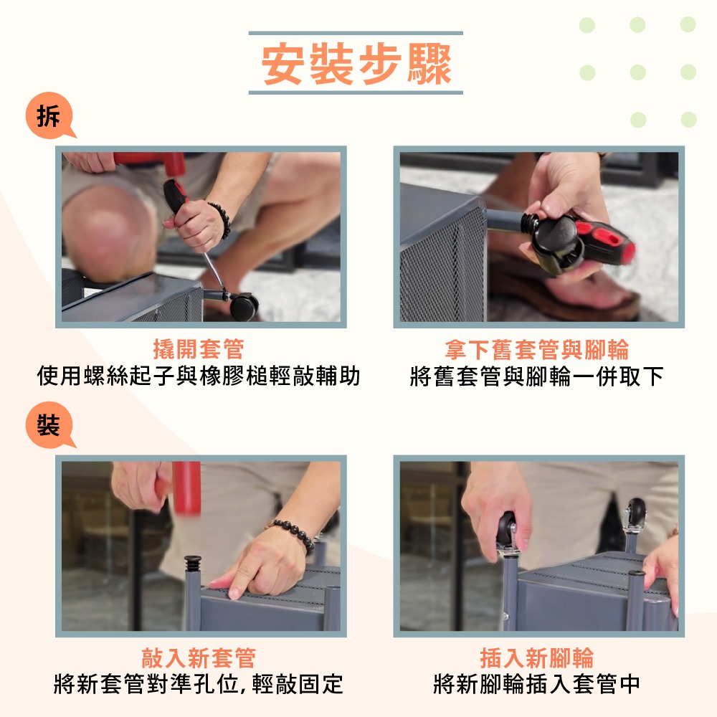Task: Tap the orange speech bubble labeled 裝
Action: [x=49, y=424]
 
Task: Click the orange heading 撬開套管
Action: [x=199, y=349]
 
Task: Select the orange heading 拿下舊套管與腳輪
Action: [x=537, y=349]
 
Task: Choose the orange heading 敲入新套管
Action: [x=199, y=657]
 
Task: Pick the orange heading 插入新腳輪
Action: [x=537, y=657]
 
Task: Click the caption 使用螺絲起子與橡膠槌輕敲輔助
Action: [x=199, y=376]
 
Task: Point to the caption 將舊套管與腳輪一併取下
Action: [x=537, y=376]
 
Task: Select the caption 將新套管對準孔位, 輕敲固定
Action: [x=199, y=684]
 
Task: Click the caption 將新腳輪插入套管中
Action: [x=537, y=684]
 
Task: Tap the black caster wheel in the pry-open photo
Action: [x=244, y=306]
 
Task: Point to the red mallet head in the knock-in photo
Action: [x=187, y=488]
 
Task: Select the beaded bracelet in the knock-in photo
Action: [x=295, y=534]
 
